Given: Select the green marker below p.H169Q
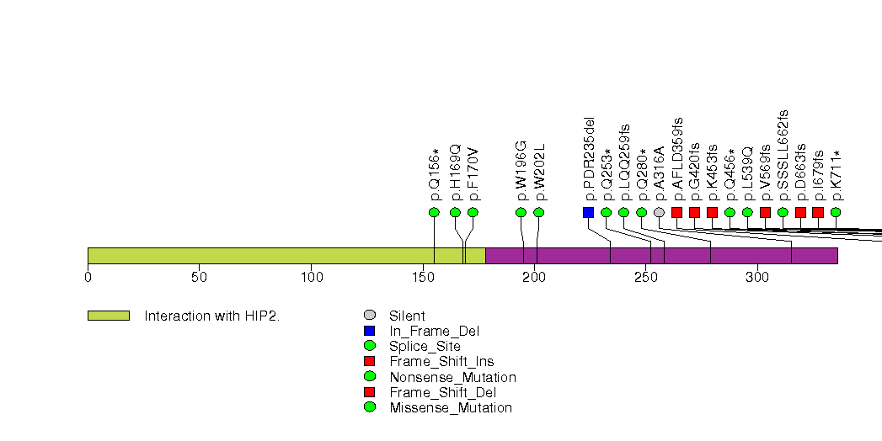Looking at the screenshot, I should (455, 212).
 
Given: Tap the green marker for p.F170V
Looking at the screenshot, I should (473, 212).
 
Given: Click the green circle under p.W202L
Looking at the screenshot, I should (539, 212).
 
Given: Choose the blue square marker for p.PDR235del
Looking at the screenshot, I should (588, 212).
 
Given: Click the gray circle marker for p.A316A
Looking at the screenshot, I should (659, 212).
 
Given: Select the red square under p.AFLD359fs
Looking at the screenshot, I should (676, 212).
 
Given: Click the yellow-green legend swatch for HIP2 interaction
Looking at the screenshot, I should (108, 316).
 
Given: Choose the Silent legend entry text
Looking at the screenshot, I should (407, 316).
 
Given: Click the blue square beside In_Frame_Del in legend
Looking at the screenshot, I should (370, 331).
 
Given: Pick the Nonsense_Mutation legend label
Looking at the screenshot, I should (452, 377).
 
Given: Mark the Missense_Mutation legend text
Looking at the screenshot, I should (451, 407).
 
